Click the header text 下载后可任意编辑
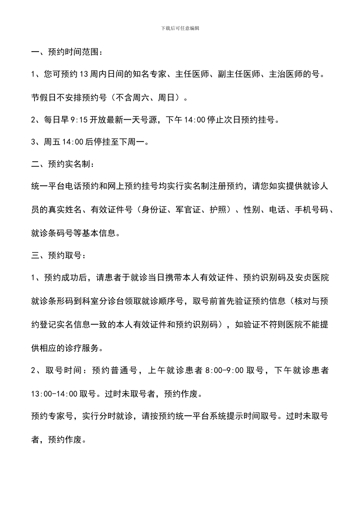point(180,28)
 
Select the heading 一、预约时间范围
point(66,52)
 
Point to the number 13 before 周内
point(85,75)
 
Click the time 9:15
point(79,120)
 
